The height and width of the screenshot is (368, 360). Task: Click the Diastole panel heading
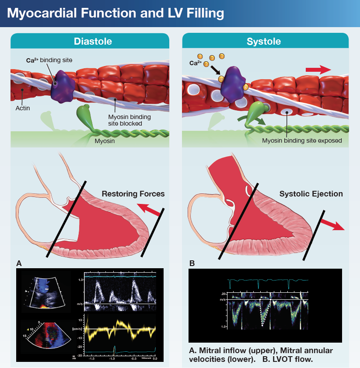pyautogui.click(x=93, y=42)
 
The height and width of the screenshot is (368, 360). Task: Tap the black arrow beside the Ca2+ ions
pyautogui.click(x=216, y=70)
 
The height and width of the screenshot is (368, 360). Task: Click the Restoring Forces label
pyautogui.click(x=133, y=194)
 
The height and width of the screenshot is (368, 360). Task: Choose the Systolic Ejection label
pyautogui.click(x=311, y=194)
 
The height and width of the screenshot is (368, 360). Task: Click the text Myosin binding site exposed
pyautogui.click(x=302, y=141)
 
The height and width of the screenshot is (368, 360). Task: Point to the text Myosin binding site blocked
pyautogui.click(x=125, y=120)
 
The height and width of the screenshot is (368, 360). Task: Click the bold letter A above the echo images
pyautogui.click(x=19, y=263)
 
